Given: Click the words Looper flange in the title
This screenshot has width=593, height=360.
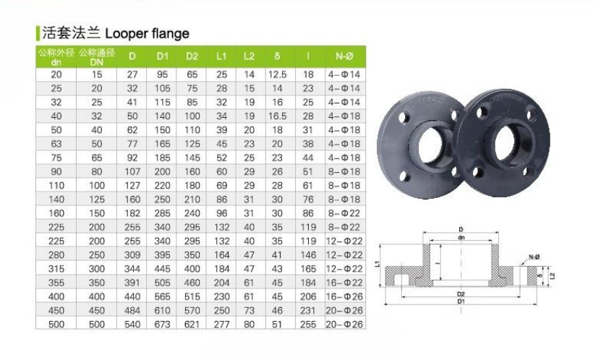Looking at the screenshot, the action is pyautogui.click(x=147, y=33).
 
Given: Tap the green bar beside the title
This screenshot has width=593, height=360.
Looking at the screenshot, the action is pyautogui.click(x=38, y=33).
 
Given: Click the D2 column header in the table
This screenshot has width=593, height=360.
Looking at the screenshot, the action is pyautogui.click(x=192, y=56).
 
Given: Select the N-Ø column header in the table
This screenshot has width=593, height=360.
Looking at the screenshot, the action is pyautogui.click(x=344, y=56).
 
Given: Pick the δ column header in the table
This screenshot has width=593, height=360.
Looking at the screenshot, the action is pyautogui.click(x=277, y=56).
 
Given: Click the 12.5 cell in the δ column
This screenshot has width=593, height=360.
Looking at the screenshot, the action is pyautogui.click(x=277, y=74).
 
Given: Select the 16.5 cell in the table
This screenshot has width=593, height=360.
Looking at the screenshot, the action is pyautogui.click(x=277, y=116).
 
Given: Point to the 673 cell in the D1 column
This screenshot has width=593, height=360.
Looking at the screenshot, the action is pyautogui.click(x=162, y=325).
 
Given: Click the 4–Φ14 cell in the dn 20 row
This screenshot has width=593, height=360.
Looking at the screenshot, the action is pyautogui.click(x=344, y=74).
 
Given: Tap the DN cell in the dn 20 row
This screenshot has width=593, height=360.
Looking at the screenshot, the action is pyautogui.click(x=97, y=74).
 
